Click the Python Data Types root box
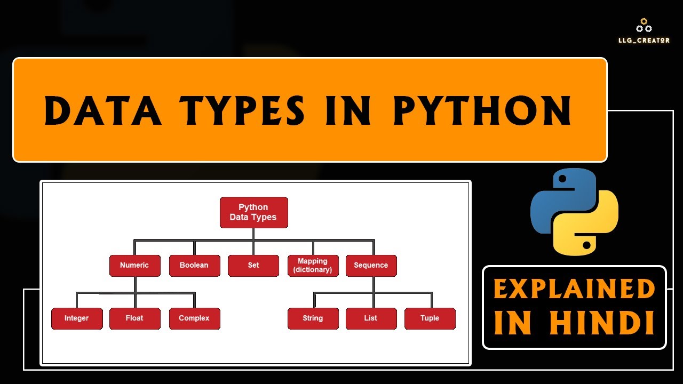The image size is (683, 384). [253, 212]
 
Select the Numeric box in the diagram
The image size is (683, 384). [134, 265]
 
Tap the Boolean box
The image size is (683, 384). [194, 265]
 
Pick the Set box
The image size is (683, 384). [253, 265]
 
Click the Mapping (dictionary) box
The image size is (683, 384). [313, 265]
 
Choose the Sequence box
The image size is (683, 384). [371, 265]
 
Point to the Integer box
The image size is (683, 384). [77, 318]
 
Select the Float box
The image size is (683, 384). [134, 318]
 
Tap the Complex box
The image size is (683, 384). [194, 318]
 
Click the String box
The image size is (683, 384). [313, 318]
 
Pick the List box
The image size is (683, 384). [371, 318]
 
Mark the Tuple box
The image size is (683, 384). [430, 318]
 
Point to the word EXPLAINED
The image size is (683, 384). [574, 290]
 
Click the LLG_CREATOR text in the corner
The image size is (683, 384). [644, 40]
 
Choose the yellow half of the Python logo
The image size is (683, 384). [590, 227]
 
